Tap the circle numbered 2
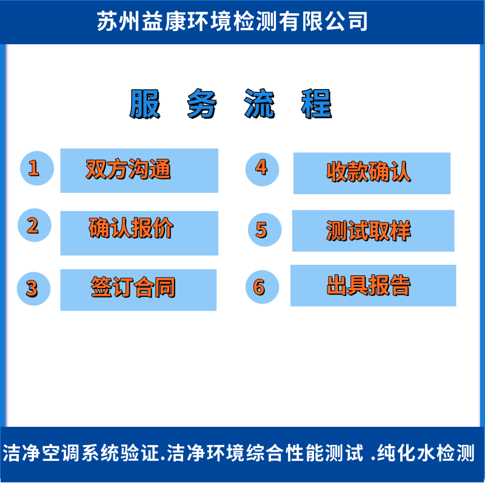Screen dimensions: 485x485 coord(35,226)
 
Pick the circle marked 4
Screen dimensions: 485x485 coord(262,168)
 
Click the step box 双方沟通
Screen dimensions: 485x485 coord(139,170)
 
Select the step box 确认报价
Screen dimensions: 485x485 coord(139,233)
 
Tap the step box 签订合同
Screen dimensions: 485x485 coord(138,290)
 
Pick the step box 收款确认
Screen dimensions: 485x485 coord(372,173)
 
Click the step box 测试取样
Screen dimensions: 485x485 coord(373,230)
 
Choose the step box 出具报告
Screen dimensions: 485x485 coord(373,286)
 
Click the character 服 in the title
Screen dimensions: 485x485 coord(145,104)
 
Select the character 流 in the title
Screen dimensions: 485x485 coord(259,104)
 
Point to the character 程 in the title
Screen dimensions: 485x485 coord(316,104)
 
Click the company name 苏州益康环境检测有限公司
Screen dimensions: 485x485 coord(233,22)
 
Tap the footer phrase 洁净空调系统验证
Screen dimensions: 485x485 coord(82,453)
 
